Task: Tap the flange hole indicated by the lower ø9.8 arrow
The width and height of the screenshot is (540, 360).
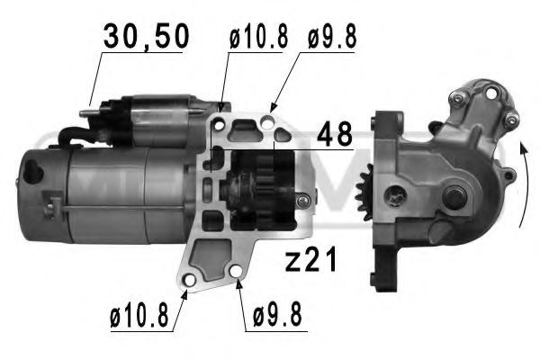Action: click(236, 274)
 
